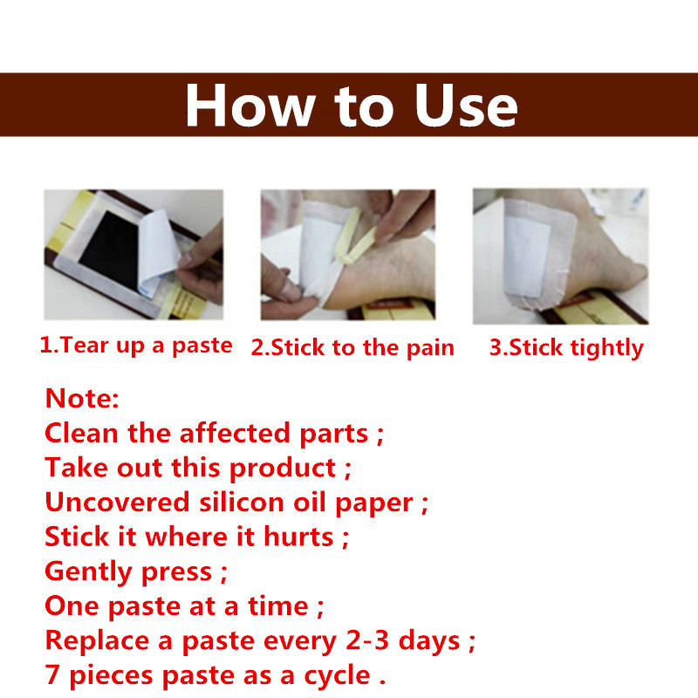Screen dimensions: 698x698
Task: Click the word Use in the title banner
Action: pyautogui.click(x=466, y=106)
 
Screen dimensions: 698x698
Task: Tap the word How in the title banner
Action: pyautogui.click(x=250, y=106)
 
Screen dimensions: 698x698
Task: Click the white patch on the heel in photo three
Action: pyautogui.click(x=527, y=257)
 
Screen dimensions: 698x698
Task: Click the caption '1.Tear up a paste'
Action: pyautogui.click(x=136, y=346)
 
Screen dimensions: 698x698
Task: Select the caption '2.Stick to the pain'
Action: pyautogui.click(x=352, y=347)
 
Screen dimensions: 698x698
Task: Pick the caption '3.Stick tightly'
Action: pyautogui.click(x=566, y=347)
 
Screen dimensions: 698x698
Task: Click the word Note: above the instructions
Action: pyautogui.click(x=82, y=398)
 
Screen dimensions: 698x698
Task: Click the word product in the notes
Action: pyautogui.click(x=282, y=469)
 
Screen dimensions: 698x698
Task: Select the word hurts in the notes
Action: pyautogui.click(x=298, y=537)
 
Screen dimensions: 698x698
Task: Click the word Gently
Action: pyautogui.click(x=88, y=572)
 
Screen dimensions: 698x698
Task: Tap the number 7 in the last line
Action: pyautogui.click(x=52, y=674)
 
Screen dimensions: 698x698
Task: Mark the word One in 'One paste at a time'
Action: pyautogui.click(x=72, y=606)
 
